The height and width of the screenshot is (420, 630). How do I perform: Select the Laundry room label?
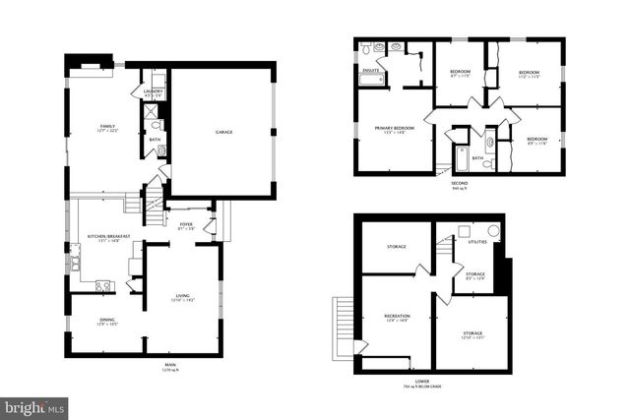153,91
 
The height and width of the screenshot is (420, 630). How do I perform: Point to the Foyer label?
185,224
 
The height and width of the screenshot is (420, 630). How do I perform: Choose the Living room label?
182,297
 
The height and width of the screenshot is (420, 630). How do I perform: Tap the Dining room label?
106,321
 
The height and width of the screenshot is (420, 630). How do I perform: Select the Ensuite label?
369,71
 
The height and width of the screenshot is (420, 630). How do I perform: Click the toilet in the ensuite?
366,48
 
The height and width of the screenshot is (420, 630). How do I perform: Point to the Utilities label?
476,241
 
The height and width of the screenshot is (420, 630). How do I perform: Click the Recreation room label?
397,316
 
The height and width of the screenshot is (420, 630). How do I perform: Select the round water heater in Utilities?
494,230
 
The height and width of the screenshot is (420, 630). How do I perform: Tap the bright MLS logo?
34,405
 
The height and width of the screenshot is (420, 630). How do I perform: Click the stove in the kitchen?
102,285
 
